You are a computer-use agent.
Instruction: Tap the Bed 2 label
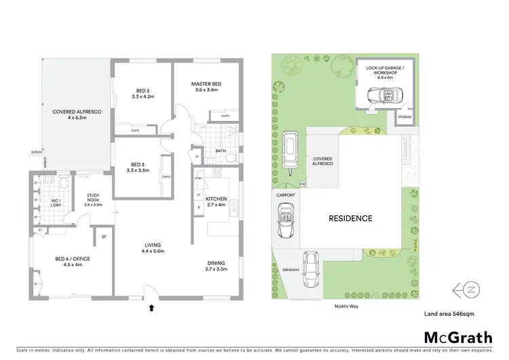point(142,94)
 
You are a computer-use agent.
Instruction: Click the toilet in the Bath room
point(231,158)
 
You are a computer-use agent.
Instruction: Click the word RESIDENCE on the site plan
point(350,219)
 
